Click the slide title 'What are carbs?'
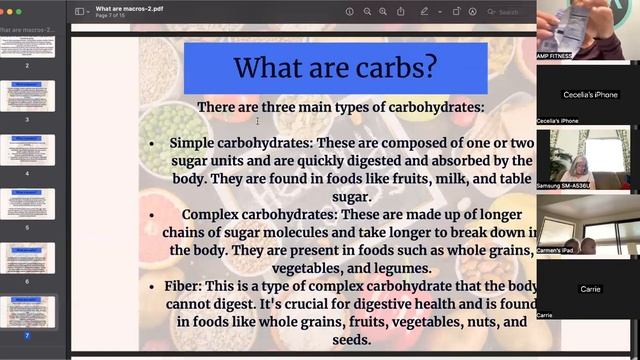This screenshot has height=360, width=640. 335,68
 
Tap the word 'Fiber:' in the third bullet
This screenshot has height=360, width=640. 187,286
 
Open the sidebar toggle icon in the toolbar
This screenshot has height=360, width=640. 81,11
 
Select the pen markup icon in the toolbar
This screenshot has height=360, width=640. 424,11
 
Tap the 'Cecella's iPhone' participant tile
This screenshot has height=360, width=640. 587,95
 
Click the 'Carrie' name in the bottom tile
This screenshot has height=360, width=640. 590,289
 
